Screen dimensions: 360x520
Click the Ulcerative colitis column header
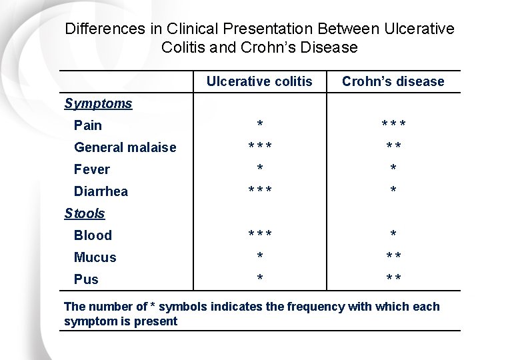(259, 81)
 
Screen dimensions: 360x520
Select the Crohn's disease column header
(393, 81)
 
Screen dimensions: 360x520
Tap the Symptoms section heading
(98, 103)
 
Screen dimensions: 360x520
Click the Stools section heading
(85, 213)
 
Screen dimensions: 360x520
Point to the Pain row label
(88, 125)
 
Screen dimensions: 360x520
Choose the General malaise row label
(125, 147)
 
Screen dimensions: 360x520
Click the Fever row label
(92, 169)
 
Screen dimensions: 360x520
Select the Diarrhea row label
(101, 191)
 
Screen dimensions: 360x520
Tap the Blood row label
(93, 235)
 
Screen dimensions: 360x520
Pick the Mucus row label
(95, 257)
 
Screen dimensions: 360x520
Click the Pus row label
(86, 279)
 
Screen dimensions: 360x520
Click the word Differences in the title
(103, 29)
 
